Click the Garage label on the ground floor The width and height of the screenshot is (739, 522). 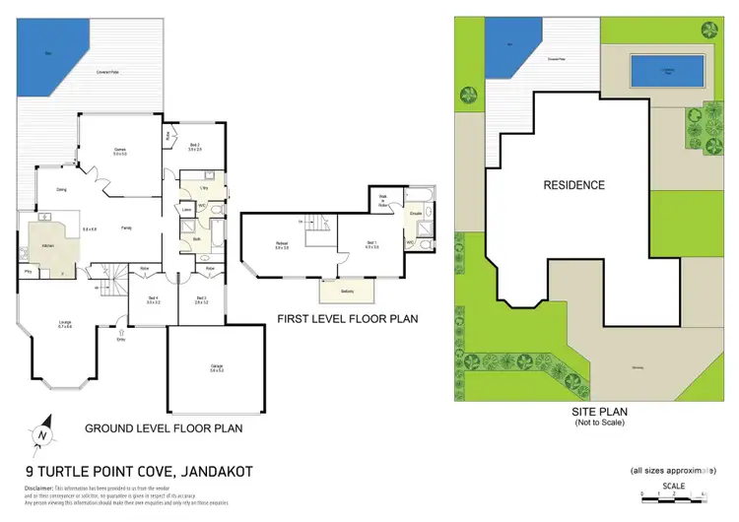217,368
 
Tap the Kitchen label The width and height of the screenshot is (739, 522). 46,246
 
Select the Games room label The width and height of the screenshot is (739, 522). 119,151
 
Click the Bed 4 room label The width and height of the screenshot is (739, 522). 152,299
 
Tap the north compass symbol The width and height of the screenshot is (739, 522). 40,432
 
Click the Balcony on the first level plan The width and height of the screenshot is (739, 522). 347,292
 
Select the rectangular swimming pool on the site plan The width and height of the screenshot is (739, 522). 667,70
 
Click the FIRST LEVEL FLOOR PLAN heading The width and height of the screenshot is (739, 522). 348,318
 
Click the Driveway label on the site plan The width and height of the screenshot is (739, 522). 637,368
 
